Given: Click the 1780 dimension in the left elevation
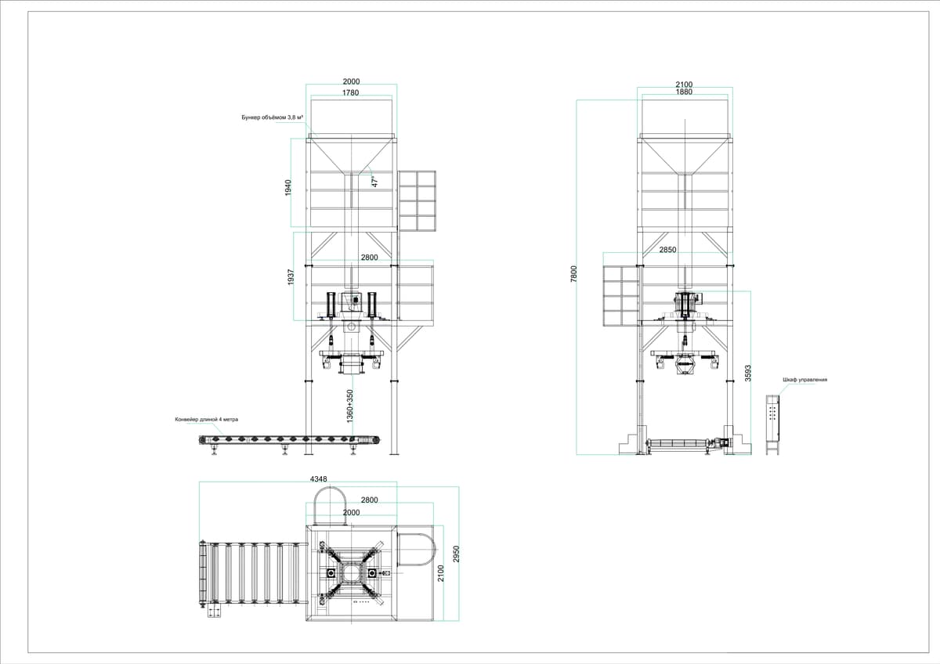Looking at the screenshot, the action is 350,92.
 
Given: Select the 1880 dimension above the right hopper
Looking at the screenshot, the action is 684,92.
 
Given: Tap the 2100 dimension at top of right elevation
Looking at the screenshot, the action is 684,85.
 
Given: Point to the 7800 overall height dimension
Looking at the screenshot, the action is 574,274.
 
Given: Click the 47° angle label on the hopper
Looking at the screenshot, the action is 374,181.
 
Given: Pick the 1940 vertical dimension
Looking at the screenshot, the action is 288,187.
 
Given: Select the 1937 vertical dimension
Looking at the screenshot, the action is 291,277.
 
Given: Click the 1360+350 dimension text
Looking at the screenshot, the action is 350,406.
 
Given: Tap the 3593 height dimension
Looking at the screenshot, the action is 748,373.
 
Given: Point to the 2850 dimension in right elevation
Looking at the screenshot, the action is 667,250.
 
